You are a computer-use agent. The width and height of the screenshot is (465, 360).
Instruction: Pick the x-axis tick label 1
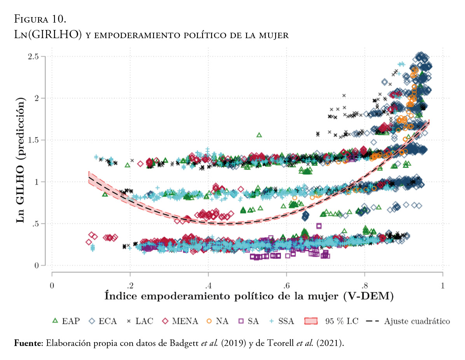point(442,285)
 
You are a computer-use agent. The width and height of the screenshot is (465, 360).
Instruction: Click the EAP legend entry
point(66,321)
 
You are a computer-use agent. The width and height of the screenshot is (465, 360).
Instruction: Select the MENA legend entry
point(180,321)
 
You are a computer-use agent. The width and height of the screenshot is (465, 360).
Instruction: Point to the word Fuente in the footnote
point(28,343)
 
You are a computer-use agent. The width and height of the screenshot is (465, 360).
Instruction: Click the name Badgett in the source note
point(184,343)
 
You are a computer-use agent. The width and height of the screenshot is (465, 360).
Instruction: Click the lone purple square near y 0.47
point(319,226)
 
